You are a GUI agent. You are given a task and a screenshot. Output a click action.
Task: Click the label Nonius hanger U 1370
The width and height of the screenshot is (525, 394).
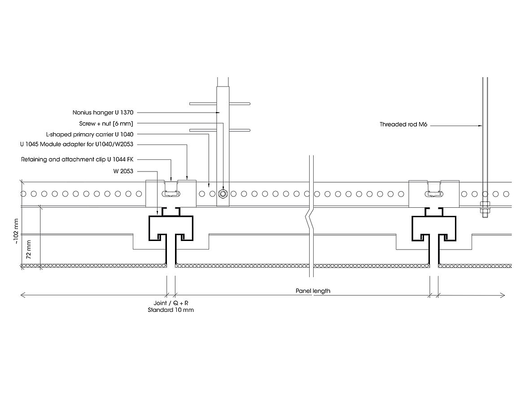click(x=103, y=112)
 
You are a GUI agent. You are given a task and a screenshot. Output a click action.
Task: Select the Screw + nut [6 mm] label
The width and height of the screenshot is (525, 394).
click(x=106, y=123)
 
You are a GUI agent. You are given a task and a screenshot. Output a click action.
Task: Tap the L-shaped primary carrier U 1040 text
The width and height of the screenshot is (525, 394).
click(x=90, y=134)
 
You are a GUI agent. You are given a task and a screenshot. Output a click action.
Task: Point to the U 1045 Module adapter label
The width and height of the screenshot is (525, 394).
click(x=77, y=144)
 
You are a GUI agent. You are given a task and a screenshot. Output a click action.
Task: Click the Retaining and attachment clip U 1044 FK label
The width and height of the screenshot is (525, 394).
click(x=77, y=159)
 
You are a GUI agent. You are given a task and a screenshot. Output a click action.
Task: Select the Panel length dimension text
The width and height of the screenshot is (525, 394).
click(x=313, y=291)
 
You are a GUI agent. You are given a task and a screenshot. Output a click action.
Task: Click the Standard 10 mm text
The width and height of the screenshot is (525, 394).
click(x=171, y=310)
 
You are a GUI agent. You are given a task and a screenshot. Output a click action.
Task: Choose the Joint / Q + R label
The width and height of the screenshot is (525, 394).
click(x=171, y=303)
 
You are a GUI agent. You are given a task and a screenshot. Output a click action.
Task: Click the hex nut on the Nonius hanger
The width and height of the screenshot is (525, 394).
click(x=223, y=194)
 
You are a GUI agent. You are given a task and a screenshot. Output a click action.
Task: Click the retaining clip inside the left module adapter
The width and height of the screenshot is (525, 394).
click(x=171, y=191)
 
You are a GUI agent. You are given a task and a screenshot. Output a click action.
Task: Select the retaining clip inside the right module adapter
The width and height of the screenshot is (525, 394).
click(x=433, y=191)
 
